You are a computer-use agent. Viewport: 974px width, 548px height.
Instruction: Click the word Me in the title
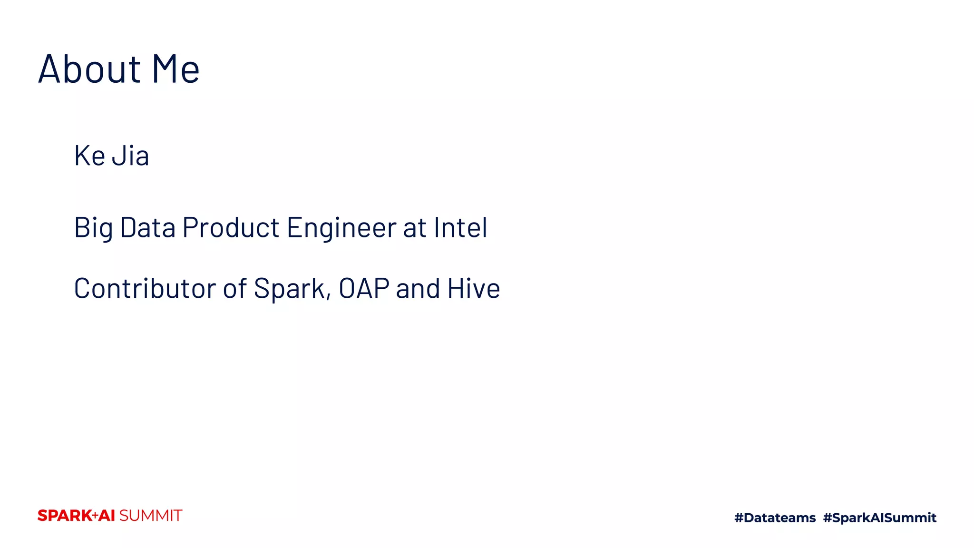(175, 69)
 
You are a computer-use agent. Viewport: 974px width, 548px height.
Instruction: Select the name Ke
(89, 156)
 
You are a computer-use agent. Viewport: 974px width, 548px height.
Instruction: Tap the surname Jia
(130, 156)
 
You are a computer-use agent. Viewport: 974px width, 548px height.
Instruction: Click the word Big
(93, 228)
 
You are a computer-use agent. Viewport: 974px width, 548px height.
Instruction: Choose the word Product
(231, 227)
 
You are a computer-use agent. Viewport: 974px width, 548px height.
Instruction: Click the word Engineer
(341, 227)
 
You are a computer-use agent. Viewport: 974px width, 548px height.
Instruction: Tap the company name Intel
(460, 227)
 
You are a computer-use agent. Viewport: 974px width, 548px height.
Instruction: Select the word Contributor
(145, 288)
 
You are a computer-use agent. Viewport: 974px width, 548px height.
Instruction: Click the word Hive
(474, 288)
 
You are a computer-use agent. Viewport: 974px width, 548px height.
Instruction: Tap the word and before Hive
(418, 288)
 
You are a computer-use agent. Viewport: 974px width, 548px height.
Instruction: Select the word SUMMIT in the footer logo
(150, 516)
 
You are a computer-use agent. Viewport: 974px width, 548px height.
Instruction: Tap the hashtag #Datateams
(775, 518)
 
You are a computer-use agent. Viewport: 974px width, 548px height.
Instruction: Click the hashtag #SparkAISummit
(879, 518)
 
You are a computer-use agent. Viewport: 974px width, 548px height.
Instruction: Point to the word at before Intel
(415, 228)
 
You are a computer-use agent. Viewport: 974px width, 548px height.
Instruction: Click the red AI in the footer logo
(107, 516)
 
